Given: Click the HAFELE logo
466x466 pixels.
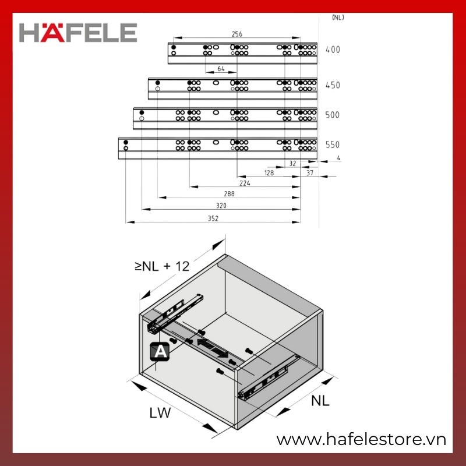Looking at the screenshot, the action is pos(78,33).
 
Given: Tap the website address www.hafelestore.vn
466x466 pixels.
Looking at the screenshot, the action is pos(361,439).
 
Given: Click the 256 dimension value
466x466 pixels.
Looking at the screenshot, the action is pos(237,34).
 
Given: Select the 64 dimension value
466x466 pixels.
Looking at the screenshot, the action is pos(221,69).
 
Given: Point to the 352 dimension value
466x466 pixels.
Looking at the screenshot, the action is pos(213,218).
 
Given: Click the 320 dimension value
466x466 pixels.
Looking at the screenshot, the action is pos(221,206).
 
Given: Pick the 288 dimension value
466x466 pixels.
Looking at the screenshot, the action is pos(229,194).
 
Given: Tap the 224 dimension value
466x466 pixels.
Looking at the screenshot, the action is pos(245,183).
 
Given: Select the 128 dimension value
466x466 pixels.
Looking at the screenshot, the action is pos(269,172).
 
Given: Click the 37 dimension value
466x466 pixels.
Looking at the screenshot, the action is pos(310,172).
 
